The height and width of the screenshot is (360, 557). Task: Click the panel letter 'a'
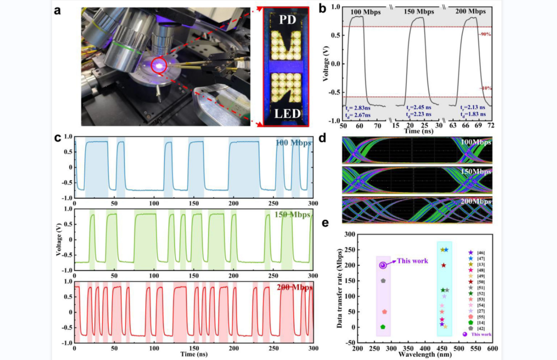tap(57, 11)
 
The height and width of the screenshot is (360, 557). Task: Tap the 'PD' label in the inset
tap(287, 20)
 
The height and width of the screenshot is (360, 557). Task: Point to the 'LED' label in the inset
tap(287, 114)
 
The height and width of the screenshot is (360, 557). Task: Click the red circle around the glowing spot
tap(159, 66)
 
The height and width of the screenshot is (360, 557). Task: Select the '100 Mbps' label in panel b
tap(365, 12)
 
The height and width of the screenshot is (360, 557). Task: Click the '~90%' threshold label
tap(485, 34)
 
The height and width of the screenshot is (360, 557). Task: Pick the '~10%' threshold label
tap(486, 88)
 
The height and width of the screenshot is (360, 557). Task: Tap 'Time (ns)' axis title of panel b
tap(418, 131)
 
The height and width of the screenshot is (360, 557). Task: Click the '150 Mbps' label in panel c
tap(292, 215)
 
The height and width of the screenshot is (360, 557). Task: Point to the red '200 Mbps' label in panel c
tap(294, 287)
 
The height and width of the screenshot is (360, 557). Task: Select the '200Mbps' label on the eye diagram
tap(476, 201)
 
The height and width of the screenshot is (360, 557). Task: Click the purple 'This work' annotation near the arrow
tap(412, 261)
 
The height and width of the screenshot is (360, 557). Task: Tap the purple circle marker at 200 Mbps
tap(383, 265)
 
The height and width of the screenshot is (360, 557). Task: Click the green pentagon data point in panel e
tap(383, 327)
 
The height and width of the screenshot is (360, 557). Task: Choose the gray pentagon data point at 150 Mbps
tap(383, 281)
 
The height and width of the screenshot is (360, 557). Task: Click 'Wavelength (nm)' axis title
tap(425, 354)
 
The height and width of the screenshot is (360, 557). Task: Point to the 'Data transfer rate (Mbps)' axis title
tap(339, 288)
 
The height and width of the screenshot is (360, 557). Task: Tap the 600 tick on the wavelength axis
tap(492, 348)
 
